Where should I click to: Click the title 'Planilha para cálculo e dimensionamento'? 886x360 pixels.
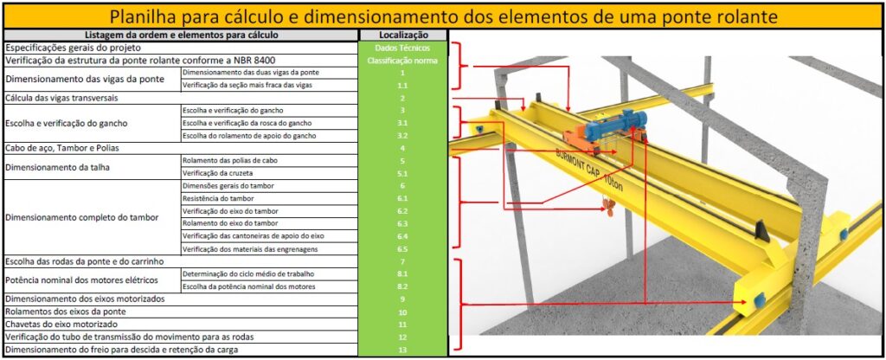[x=443, y=16]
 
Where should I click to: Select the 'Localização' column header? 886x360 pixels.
[x=402, y=35]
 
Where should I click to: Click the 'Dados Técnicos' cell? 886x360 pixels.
[x=402, y=48]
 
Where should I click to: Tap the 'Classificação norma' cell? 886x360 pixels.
[x=402, y=61]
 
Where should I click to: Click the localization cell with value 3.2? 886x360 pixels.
[x=402, y=136]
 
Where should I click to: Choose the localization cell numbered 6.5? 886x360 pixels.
[x=402, y=248]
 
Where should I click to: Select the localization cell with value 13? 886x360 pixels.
[x=402, y=349]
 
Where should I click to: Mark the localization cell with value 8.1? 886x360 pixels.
[x=402, y=273]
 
